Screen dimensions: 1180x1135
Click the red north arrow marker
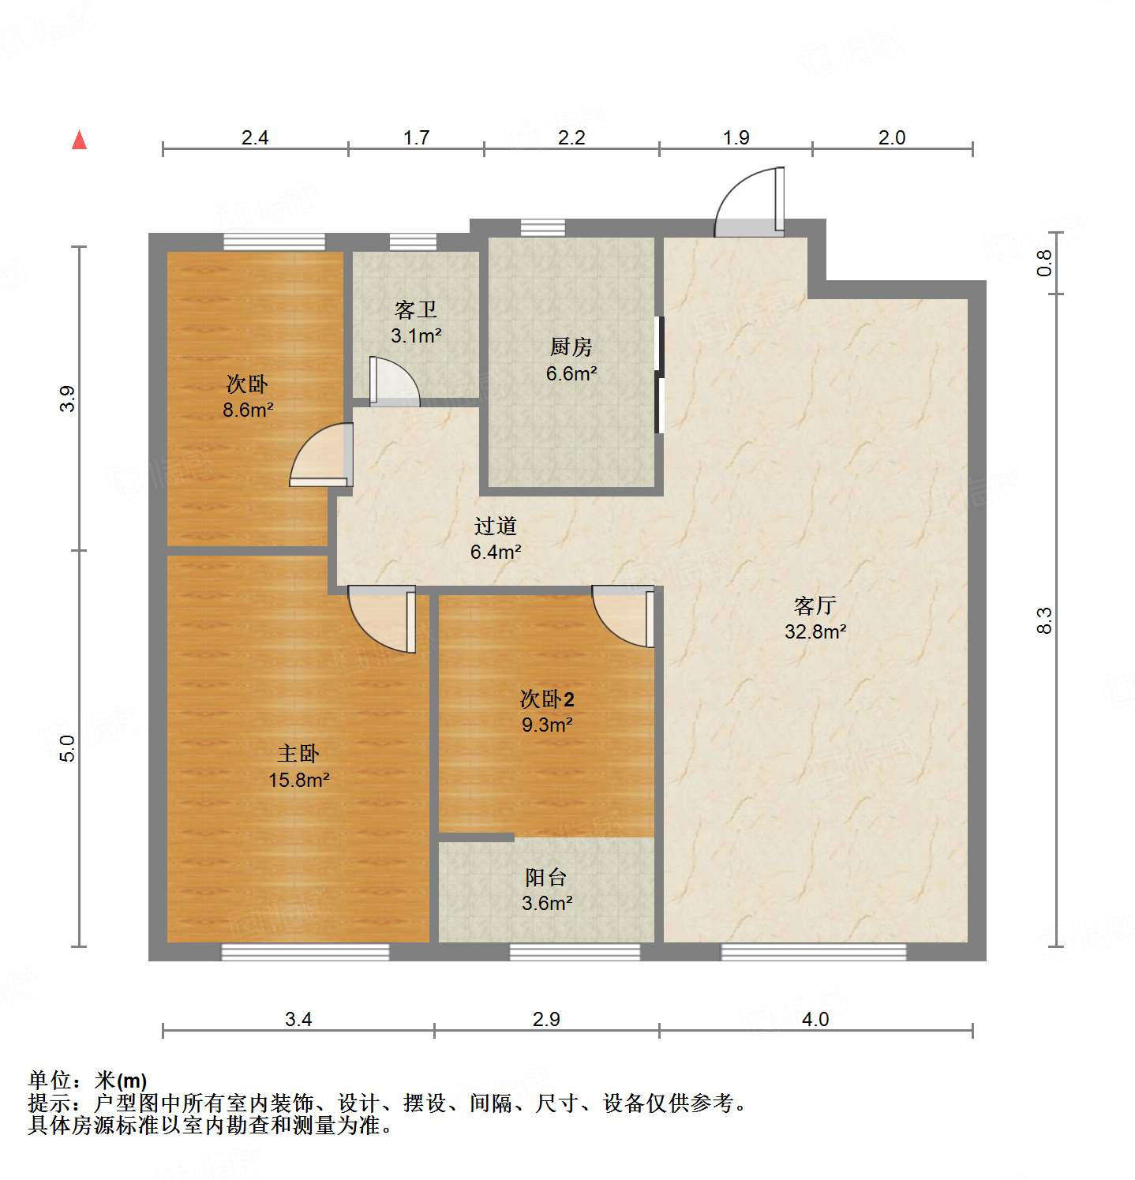coord(79,140)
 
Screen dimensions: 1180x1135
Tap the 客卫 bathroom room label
coord(415,309)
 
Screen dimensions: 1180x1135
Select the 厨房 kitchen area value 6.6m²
coord(571,373)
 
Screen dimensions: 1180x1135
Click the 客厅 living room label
coord(815,605)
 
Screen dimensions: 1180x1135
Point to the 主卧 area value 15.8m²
coord(298,780)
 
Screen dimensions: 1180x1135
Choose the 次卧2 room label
coord(546,699)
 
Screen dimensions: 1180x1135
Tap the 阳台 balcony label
coord(546,877)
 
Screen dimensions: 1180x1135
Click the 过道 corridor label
coord(495,526)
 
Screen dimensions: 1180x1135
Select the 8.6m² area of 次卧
coord(248,410)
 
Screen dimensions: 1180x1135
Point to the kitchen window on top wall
coord(542,227)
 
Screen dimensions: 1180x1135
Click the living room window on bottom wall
coord(813,952)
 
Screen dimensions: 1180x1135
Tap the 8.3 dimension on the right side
coord(1044,620)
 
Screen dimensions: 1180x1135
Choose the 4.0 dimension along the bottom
coord(815,1019)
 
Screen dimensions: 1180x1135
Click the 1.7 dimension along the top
coord(416,137)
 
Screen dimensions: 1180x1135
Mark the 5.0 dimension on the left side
coord(68,747)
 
